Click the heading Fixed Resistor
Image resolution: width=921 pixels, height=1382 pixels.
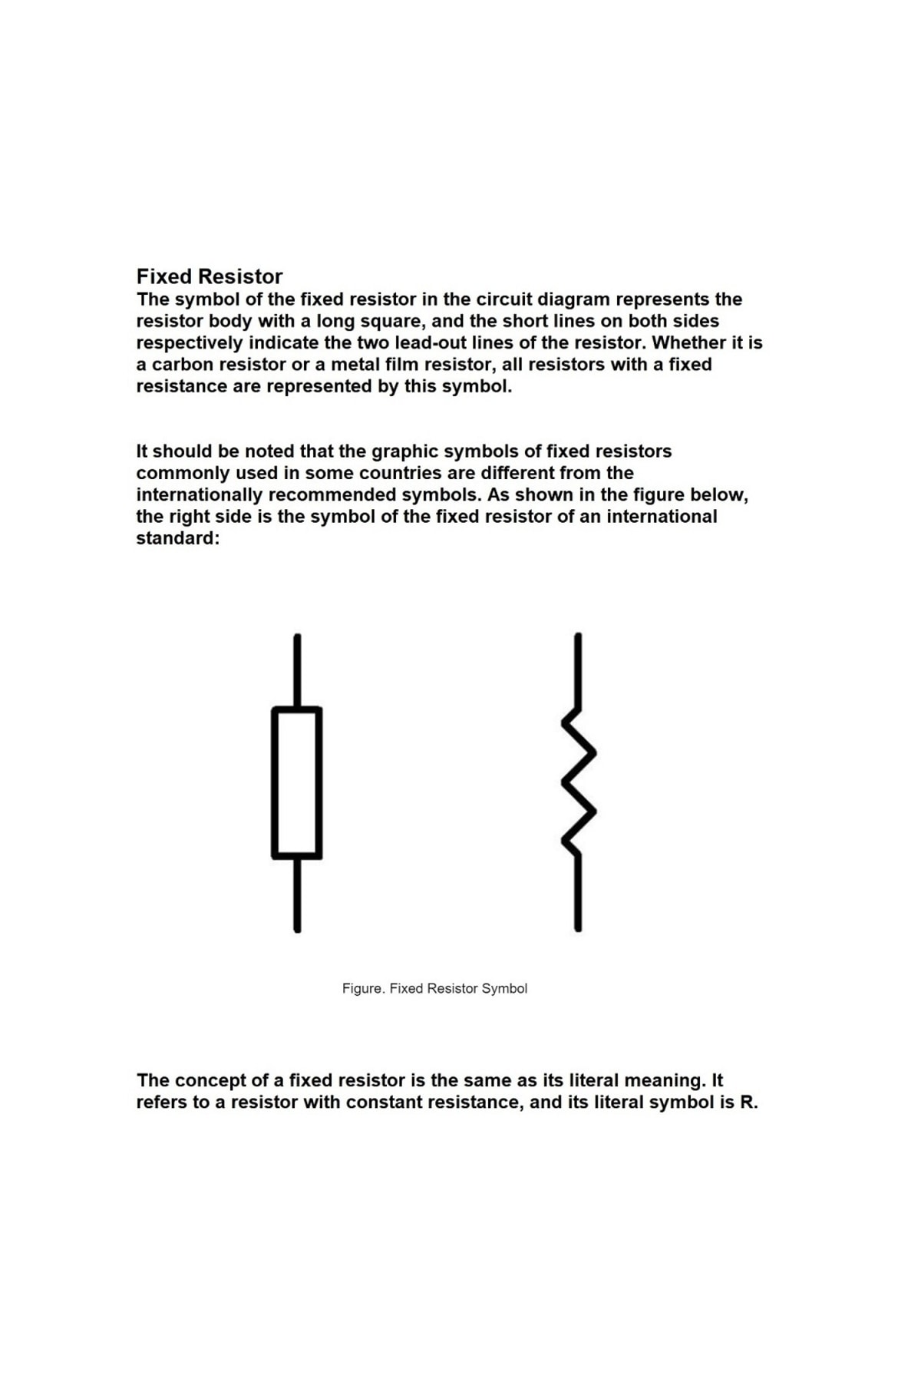click(x=209, y=276)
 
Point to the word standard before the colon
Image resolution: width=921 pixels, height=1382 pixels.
click(x=175, y=538)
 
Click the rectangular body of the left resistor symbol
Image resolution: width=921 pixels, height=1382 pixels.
click(x=296, y=782)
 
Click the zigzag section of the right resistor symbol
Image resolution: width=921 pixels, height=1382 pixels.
click(x=579, y=782)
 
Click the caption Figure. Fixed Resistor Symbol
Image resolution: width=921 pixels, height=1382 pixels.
click(x=434, y=989)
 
